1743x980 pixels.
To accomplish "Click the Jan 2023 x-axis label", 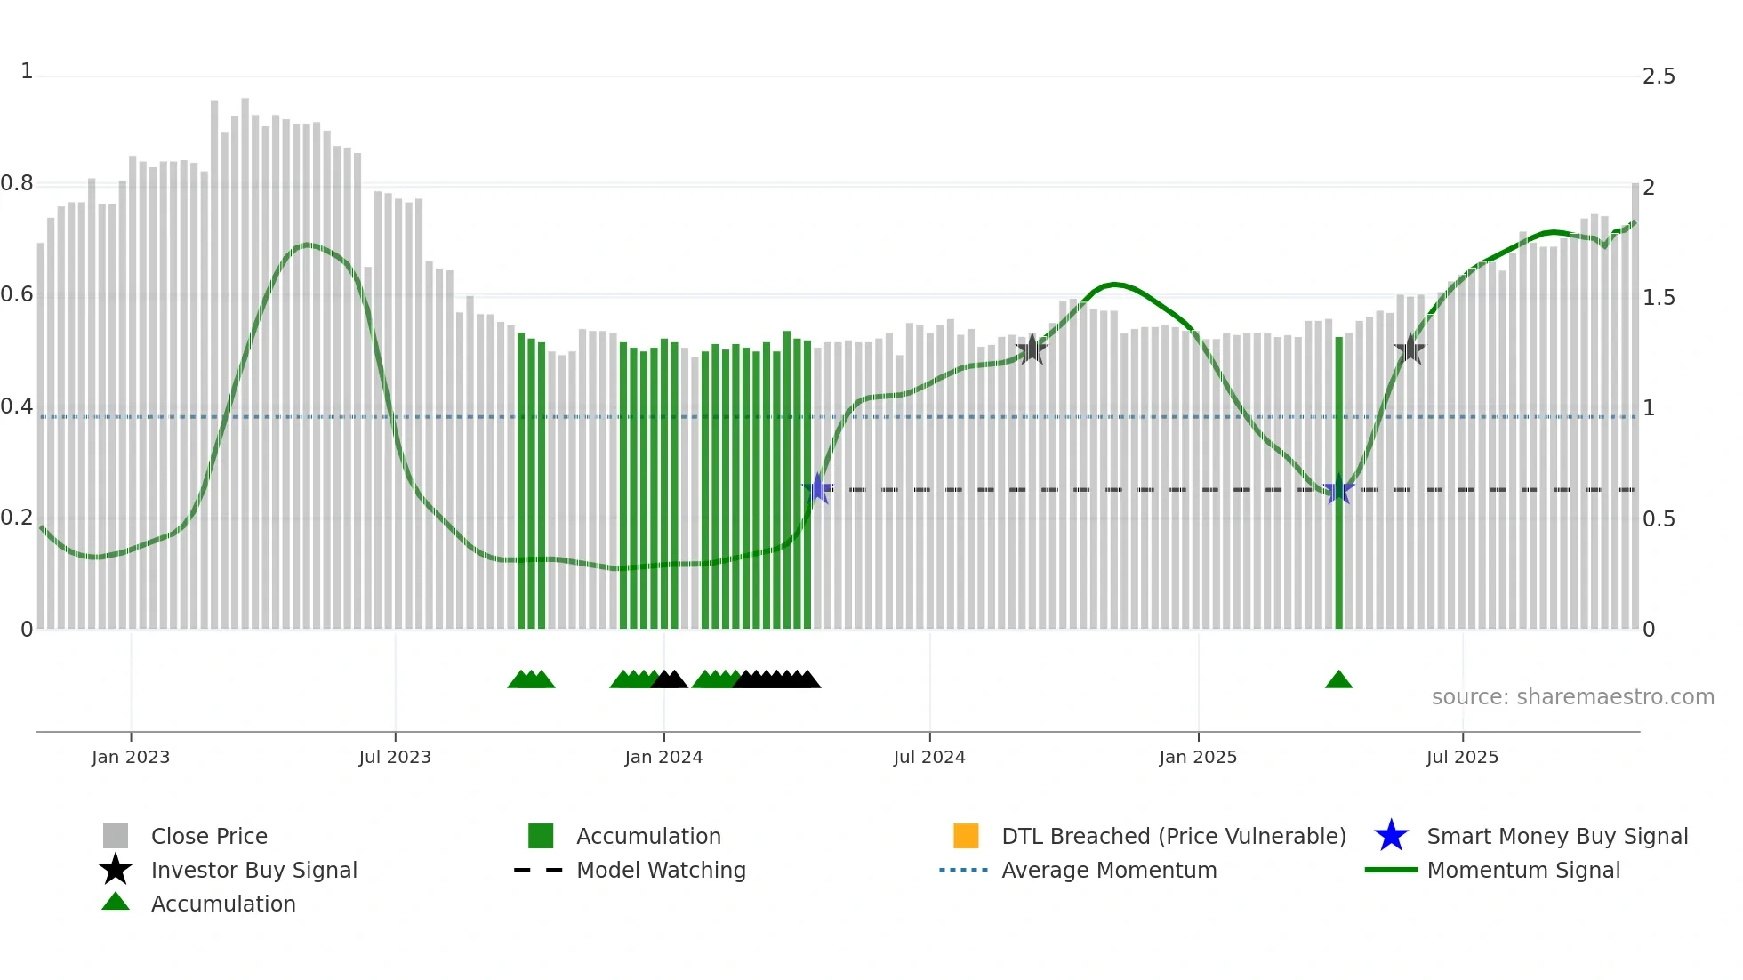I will [x=131, y=757].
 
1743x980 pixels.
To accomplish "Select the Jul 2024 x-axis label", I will [x=929, y=757].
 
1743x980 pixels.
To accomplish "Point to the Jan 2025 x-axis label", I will [x=1198, y=757].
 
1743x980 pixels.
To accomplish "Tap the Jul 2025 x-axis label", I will [x=1462, y=757].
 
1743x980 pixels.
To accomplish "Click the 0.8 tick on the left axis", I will [x=17, y=184].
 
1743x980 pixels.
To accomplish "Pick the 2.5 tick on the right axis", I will [x=1659, y=76].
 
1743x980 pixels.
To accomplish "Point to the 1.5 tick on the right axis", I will [x=1659, y=298].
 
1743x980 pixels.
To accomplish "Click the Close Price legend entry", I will [x=209, y=836].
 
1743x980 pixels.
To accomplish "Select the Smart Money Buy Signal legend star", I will [x=1391, y=836].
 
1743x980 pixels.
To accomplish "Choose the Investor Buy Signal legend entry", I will [x=253, y=870].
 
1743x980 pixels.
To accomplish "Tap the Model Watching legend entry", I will [x=661, y=870].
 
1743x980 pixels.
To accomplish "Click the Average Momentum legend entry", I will [x=1109, y=870].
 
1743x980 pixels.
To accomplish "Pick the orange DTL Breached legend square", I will [x=966, y=836].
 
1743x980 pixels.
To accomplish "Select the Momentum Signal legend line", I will [x=1391, y=870].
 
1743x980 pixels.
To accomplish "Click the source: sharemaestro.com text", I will [x=1572, y=697].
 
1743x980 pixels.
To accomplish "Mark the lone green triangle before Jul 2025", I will [x=1338, y=680].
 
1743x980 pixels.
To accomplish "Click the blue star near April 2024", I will [x=817, y=489].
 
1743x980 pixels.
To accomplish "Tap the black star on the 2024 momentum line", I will [x=1032, y=349].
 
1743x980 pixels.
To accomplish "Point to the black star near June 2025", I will [x=1410, y=349].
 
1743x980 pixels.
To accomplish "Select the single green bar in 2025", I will [x=1338, y=480].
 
